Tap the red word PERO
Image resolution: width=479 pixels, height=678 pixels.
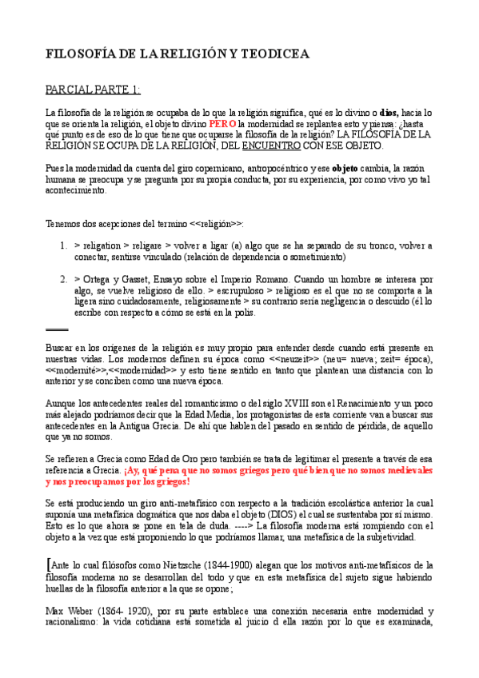pyautogui.click(x=222, y=125)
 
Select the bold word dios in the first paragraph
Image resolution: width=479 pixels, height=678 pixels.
pyautogui.click(x=390, y=114)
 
